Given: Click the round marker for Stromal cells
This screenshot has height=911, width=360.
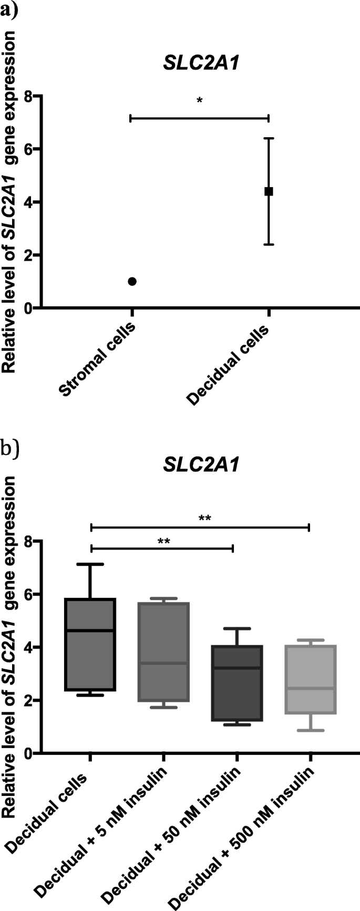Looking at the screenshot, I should (x=132, y=281).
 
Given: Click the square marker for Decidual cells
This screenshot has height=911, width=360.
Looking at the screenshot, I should (x=269, y=191).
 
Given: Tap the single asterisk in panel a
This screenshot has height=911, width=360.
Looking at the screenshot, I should (x=199, y=100).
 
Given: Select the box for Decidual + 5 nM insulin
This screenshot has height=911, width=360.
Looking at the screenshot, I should (x=164, y=651).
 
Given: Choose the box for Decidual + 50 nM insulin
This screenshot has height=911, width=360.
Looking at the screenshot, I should (x=237, y=683).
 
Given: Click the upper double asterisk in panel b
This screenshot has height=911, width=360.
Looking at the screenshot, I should (x=205, y=519).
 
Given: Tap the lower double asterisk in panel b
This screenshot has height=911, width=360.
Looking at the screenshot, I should (x=163, y=541).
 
